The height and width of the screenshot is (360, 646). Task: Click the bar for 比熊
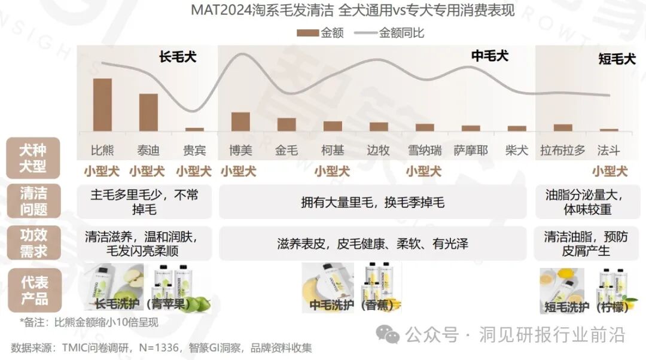[102, 105]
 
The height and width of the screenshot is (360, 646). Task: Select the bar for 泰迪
[148, 112]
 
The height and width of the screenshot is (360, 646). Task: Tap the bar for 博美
[240, 121]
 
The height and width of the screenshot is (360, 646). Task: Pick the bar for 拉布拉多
[563, 127]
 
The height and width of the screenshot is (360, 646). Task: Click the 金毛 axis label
[286, 150]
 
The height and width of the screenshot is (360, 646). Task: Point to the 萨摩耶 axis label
[471, 150]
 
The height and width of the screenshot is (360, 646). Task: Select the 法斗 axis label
[608, 150]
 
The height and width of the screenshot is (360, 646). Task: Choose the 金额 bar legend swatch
[308, 33]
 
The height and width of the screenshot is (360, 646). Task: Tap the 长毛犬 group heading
[178, 57]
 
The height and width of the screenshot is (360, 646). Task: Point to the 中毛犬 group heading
[489, 56]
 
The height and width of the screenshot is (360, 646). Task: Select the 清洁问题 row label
[33, 201]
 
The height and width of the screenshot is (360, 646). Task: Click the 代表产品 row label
[33, 290]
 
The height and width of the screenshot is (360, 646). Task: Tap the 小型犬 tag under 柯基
[332, 172]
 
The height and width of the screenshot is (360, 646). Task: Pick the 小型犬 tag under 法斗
[610, 172]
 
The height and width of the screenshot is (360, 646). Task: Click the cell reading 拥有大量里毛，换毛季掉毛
[372, 203]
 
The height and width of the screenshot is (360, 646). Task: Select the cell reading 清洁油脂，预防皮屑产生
[586, 243]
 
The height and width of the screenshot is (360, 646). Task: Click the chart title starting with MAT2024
[352, 11]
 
